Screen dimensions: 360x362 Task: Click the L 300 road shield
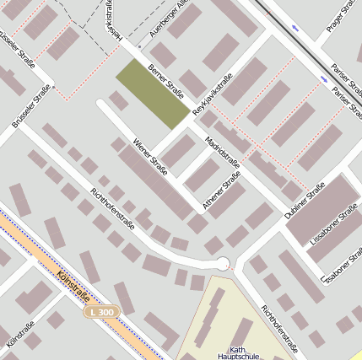tap(103, 312)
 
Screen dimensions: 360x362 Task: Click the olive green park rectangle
tap(152, 94)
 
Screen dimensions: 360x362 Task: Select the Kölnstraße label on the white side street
tap(19, 336)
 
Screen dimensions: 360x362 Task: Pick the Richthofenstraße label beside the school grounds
tap(279, 331)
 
